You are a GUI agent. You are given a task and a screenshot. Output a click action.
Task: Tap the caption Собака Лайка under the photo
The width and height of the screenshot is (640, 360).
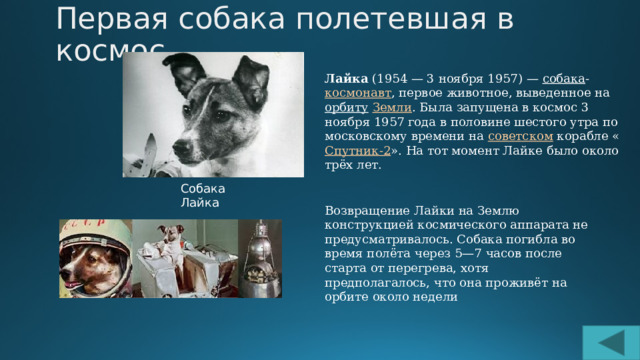tap(203, 195)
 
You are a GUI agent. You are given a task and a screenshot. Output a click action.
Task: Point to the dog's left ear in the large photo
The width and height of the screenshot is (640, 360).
tap(250, 78)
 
